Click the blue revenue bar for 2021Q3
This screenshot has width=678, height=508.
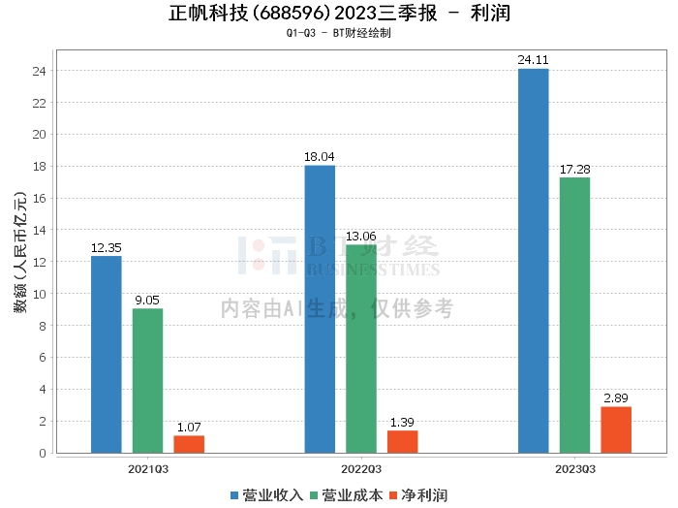click(x=106, y=354)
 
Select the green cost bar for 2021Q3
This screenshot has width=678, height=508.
click(x=147, y=380)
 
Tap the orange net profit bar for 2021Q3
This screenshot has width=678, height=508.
click(x=189, y=444)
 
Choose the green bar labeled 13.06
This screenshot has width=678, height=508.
click(x=361, y=348)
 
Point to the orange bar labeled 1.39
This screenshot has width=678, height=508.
click(x=403, y=441)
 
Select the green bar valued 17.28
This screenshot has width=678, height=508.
click(x=574, y=314)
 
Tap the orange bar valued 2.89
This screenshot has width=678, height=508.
click(x=616, y=429)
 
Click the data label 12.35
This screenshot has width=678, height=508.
click(x=106, y=248)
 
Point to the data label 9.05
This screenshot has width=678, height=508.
click(x=147, y=301)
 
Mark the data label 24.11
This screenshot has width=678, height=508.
click(x=533, y=60)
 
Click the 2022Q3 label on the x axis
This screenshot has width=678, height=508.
click(x=360, y=468)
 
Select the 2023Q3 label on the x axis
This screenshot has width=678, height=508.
click(x=574, y=468)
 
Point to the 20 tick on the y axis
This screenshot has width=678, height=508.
click(x=41, y=135)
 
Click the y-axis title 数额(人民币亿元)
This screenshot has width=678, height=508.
click(x=19, y=258)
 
